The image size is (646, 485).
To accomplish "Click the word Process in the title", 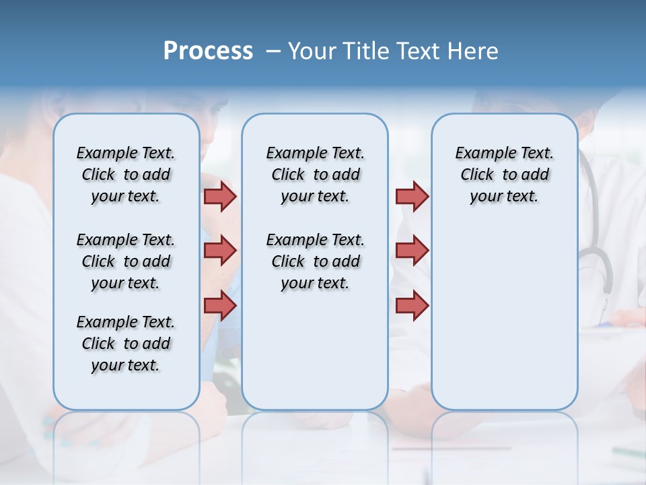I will [208, 51].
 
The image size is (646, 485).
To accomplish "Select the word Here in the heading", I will [474, 51].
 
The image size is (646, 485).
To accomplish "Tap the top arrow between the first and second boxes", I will [220, 196].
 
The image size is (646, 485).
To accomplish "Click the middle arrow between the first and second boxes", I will [220, 251].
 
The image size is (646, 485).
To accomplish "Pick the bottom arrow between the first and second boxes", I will [220, 305].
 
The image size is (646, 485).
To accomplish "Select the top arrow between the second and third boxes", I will [412, 196].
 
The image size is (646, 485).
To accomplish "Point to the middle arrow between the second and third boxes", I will [412, 251].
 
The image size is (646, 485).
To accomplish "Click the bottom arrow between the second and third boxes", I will [412, 305].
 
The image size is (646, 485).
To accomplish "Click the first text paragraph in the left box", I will [126, 174].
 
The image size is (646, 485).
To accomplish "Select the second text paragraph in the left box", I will [126, 261].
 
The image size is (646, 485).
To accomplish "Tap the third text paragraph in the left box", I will [126, 344].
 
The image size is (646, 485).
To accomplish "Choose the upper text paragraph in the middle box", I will [316, 174].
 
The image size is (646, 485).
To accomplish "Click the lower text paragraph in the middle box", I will [316, 261].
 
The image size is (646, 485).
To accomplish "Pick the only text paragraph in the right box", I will [505, 174].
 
